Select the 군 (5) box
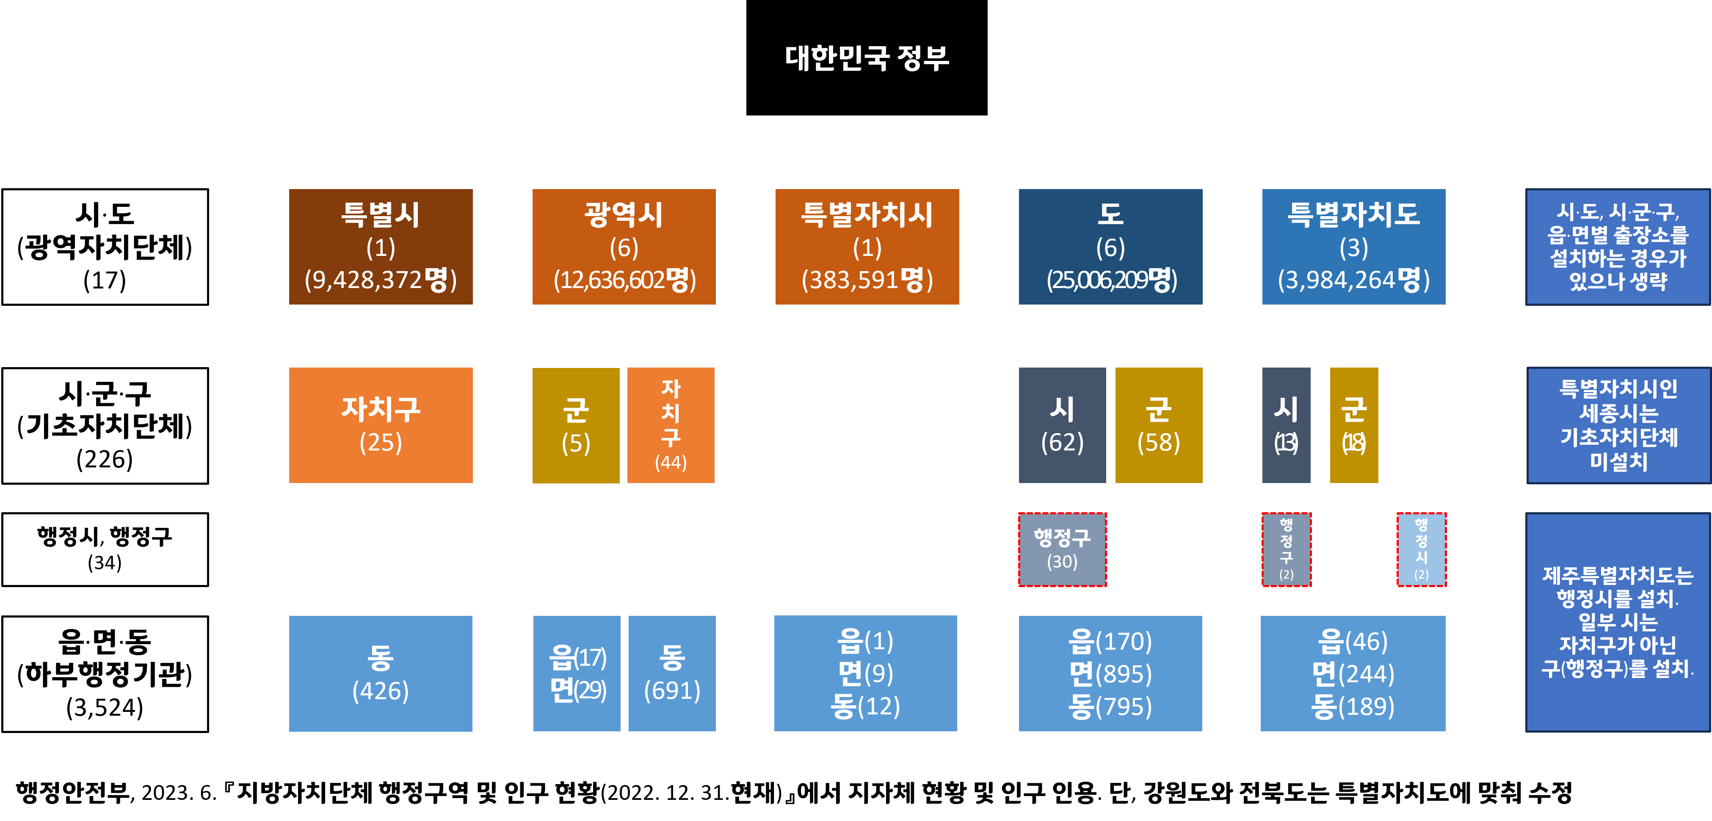click(x=576, y=425)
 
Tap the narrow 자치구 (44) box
click(x=671, y=425)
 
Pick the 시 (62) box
click(x=1062, y=425)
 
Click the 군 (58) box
click(x=1158, y=425)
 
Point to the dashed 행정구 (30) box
click(x=1062, y=549)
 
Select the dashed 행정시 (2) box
click(x=1421, y=549)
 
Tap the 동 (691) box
click(x=672, y=673)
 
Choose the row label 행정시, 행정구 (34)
click(x=105, y=549)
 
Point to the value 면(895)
click(x=1110, y=673)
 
